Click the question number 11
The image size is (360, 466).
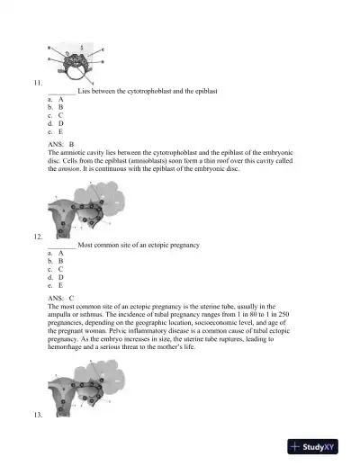37,84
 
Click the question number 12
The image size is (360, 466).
37,236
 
